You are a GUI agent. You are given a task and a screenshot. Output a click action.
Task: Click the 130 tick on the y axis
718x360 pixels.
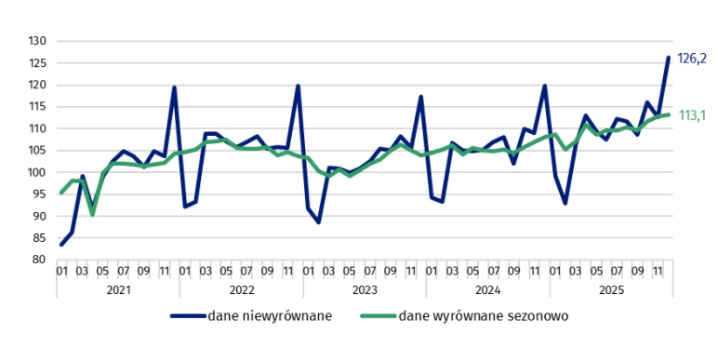pos(37,41)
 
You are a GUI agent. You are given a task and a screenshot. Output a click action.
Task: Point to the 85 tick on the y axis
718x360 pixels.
pos(37,238)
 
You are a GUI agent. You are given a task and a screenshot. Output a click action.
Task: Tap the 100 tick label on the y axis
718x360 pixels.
pos(37,172)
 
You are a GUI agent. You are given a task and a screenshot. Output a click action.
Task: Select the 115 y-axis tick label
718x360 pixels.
pos(37,106)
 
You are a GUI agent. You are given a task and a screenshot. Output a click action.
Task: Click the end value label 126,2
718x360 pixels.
pos(692,58)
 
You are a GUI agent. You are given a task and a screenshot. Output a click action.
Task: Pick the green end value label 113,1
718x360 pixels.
pos(692,115)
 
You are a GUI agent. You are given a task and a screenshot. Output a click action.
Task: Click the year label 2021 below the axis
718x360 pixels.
pos(117,289)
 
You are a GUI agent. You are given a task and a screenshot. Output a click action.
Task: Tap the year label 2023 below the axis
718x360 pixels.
pos(364,289)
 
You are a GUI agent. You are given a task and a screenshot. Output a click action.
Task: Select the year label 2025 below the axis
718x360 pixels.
pos(610,289)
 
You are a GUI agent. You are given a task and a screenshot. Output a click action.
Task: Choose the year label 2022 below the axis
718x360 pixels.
pos(241,289)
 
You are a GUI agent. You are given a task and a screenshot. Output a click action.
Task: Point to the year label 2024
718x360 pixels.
pos(487,289)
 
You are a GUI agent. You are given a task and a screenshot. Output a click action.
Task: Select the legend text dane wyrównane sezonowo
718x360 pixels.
pos(483,316)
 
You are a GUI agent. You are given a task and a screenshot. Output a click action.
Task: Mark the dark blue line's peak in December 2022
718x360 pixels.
pos(298,86)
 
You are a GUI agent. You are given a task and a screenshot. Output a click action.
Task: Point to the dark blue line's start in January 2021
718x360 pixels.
pos(61,245)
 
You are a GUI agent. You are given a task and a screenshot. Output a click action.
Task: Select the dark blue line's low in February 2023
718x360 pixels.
pos(318,222)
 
